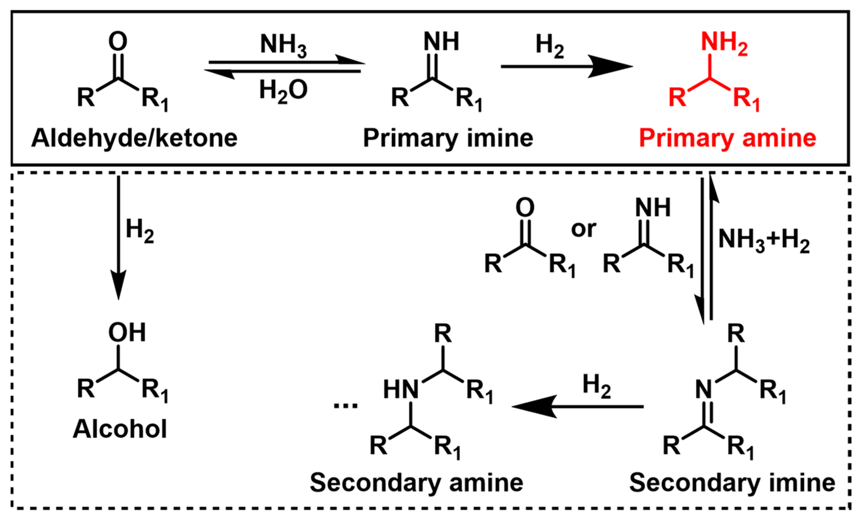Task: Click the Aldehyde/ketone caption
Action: point(134,138)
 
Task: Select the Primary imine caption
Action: point(448,138)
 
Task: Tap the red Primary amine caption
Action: point(728,138)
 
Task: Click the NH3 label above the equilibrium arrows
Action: point(283,46)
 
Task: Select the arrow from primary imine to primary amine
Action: point(567,66)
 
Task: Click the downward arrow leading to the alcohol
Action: point(118,238)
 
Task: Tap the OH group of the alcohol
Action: point(127,332)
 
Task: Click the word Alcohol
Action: point(120,429)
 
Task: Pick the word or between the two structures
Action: point(584,229)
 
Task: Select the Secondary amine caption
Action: point(416,483)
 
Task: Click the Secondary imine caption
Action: point(732,483)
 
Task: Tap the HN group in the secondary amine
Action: point(401,390)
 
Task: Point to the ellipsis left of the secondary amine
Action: point(345,405)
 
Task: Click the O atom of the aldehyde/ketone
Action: point(118,41)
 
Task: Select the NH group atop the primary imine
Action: point(441,41)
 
